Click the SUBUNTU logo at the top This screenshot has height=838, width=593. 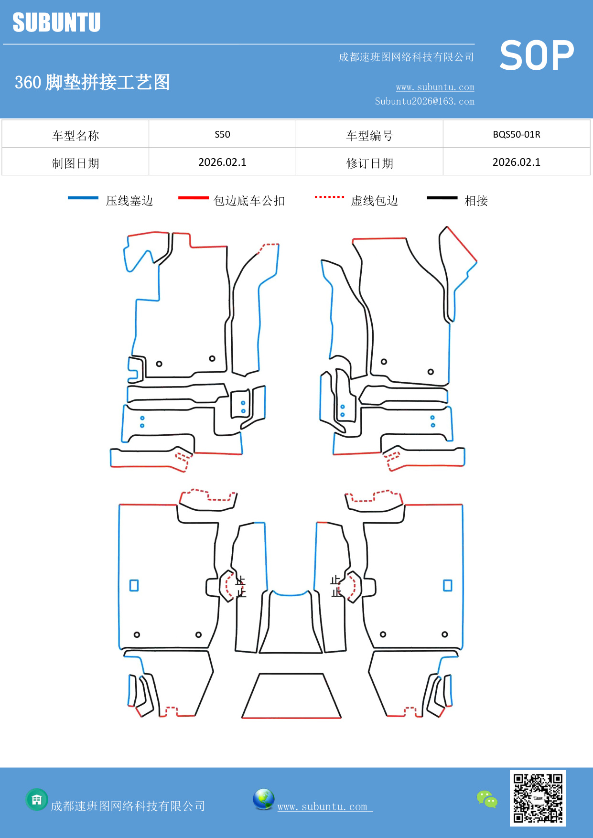[x=56, y=22]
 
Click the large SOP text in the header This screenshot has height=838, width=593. [x=536, y=55]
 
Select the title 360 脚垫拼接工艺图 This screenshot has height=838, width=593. [x=93, y=82]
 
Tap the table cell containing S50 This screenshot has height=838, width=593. [x=222, y=134]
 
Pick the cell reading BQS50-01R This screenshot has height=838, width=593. [x=516, y=134]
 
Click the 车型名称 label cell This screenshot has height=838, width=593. [x=75, y=135]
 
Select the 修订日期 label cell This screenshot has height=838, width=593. [x=369, y=163]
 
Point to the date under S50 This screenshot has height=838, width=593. [x=222, y=162]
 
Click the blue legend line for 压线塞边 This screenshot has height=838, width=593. [x=83, y=198]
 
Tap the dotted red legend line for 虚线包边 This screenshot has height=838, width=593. [x=329, y=197]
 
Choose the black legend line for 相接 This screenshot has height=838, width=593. [x=442, y=198]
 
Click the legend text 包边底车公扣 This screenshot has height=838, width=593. [x=249, y=201]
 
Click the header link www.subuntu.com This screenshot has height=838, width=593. [x=435, y=87]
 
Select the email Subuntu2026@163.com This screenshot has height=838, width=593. [x=424, y=101]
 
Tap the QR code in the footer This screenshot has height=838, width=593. [x=538, y=798]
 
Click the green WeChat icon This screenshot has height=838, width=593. [x=487, y=799]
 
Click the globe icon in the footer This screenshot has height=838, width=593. [x=263, y=799]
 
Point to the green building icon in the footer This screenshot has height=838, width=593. [x=37, y=799]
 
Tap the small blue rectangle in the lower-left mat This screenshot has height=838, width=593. [x=134, y=585]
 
